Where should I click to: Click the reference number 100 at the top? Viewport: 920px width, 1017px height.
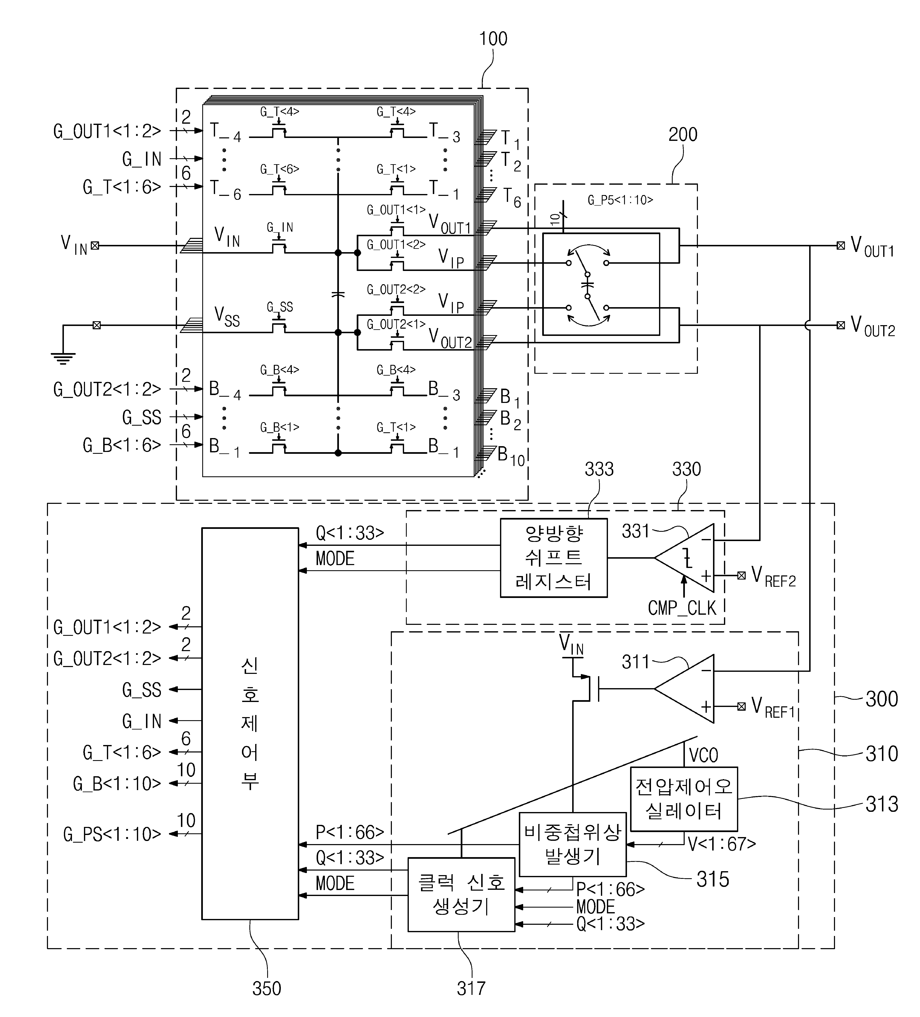point(493,39)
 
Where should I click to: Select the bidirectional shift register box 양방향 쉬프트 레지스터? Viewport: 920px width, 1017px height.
point(554,558)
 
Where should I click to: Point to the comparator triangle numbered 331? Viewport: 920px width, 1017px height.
point(684,558)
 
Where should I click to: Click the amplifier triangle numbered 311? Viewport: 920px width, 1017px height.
point(684,689)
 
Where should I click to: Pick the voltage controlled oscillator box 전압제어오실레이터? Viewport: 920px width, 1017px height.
point(684,799)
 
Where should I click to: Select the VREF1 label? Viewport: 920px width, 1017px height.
point(773,707)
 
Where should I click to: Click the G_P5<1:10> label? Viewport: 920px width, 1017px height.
point(620,200)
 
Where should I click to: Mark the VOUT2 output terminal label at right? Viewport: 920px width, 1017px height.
point(873,326)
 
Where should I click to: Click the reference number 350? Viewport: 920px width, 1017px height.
point(266,989)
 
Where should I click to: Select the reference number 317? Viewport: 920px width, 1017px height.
point(471,989)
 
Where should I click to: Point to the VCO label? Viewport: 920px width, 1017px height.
point(704,755)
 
